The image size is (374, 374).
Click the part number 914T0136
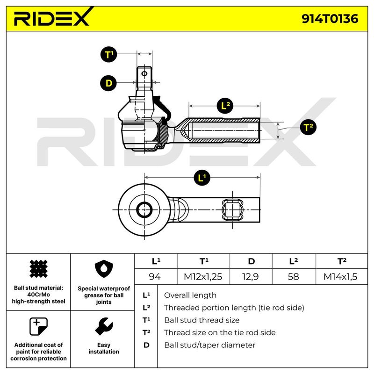click(x=330, y=19)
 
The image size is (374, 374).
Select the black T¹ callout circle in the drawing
click(x=109, y=55)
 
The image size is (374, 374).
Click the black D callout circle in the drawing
click(x=108, y=83)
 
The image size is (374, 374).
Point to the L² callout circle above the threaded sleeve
click(x=225, y=106)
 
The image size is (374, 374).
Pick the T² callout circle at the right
click(x=308, y=127)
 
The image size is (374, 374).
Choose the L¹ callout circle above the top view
click(x=202, y=178)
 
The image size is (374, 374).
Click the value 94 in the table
click(x=155, y=277)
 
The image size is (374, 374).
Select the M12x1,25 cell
click(x=203, y=277)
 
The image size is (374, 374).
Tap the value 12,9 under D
click(x=251, y=277)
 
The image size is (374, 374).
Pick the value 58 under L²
click(x=294, y=277)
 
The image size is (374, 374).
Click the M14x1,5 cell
click(x=340, y=277)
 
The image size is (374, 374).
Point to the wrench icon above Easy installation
click(x=104, y=326)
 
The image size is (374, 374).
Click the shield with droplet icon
click(x=104, y=269)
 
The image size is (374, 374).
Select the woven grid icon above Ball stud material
click(x=38, y=269)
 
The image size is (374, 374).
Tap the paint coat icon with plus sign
click(x=38, y=326)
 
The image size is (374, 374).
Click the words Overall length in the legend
click(x=190, y=295)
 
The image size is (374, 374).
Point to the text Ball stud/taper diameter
click(x=209, y=345)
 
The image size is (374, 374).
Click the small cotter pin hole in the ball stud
click(x=144, y=73)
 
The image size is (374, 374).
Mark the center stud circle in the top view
click(x=144, y=210)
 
